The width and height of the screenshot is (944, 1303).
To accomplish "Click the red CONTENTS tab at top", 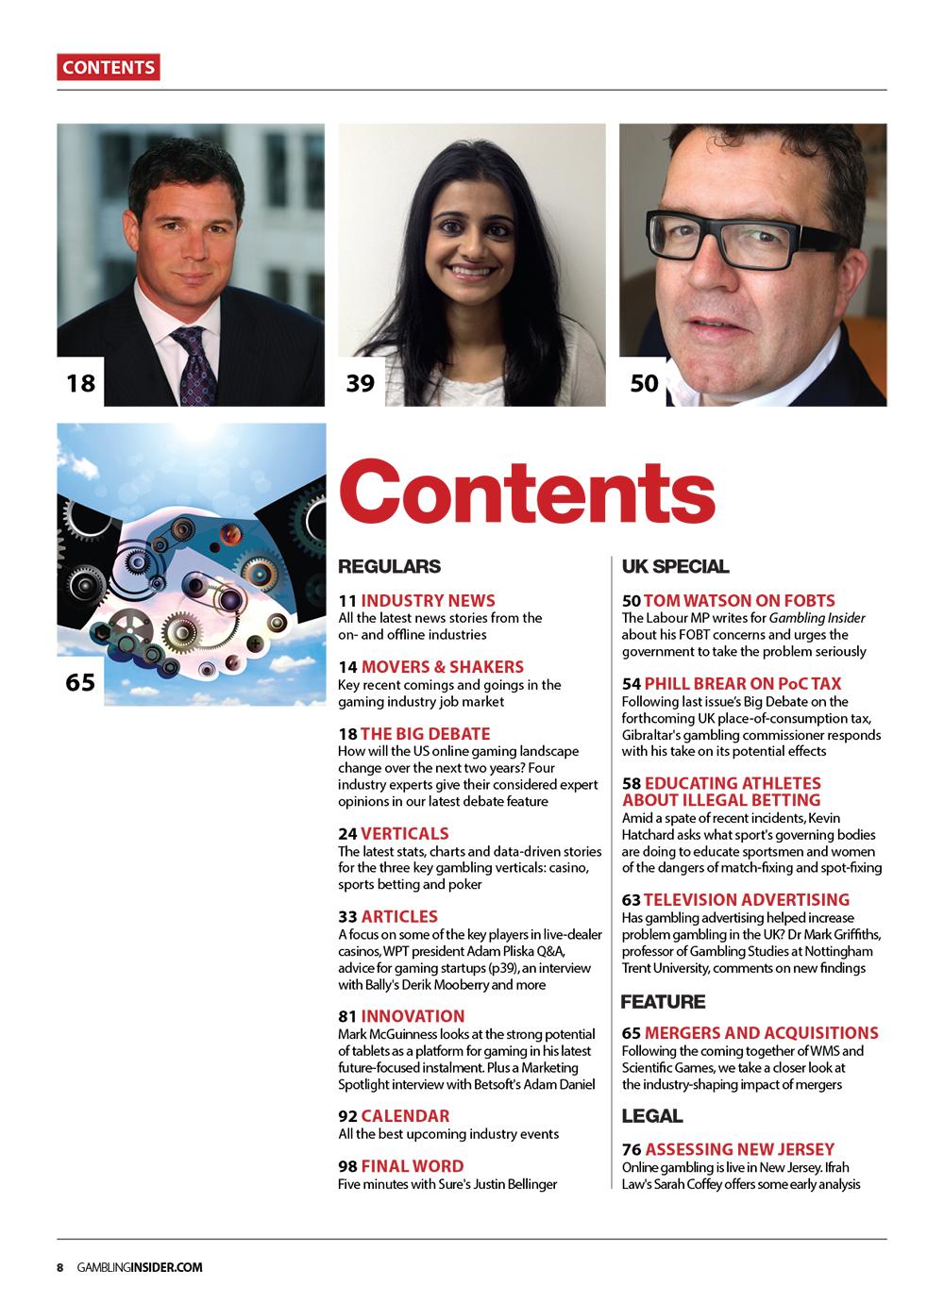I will (108, 67).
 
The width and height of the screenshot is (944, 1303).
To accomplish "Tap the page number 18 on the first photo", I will (80, 383).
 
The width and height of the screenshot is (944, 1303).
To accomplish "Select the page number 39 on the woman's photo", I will (361, 383).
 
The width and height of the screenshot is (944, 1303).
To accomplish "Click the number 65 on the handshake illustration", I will (80, 681).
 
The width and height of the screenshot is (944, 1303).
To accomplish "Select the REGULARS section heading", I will (389, 566).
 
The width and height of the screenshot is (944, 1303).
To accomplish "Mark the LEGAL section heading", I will (651, 1116).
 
